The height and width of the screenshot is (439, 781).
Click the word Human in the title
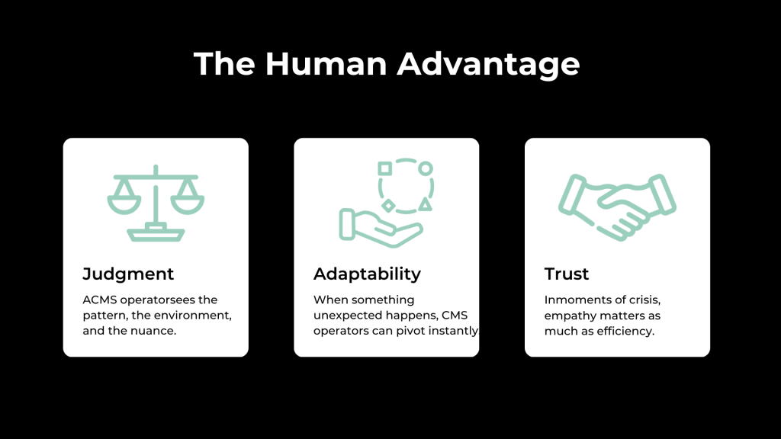[x=326, y=64]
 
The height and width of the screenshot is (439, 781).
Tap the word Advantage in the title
[x=488, y=65]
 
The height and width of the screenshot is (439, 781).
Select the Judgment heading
[x=128, y=274]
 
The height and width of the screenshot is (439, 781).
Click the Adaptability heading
[x=367, y=274]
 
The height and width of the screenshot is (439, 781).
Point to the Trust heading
[x=567, y=274]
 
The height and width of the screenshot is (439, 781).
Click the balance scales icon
[x=156, y=203]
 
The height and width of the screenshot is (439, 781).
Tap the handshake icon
[x=617, y=207]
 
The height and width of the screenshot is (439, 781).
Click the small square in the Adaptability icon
[x=384, y=168]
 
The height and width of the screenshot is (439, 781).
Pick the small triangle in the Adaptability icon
[x=425, y=204]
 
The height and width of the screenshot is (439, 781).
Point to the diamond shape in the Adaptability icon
[x=388, y=205]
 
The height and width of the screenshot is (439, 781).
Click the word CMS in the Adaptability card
[x=455, y=316]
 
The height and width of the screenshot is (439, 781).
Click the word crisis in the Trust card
[x=645, y=300]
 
